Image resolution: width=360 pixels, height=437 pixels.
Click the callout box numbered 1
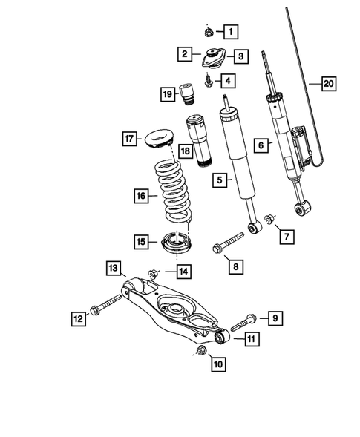231,31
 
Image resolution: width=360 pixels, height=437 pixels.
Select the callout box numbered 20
327,84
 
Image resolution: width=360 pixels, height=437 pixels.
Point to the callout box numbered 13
113,268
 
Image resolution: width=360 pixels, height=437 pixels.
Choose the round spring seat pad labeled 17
159,139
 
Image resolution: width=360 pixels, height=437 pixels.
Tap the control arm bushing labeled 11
220,337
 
